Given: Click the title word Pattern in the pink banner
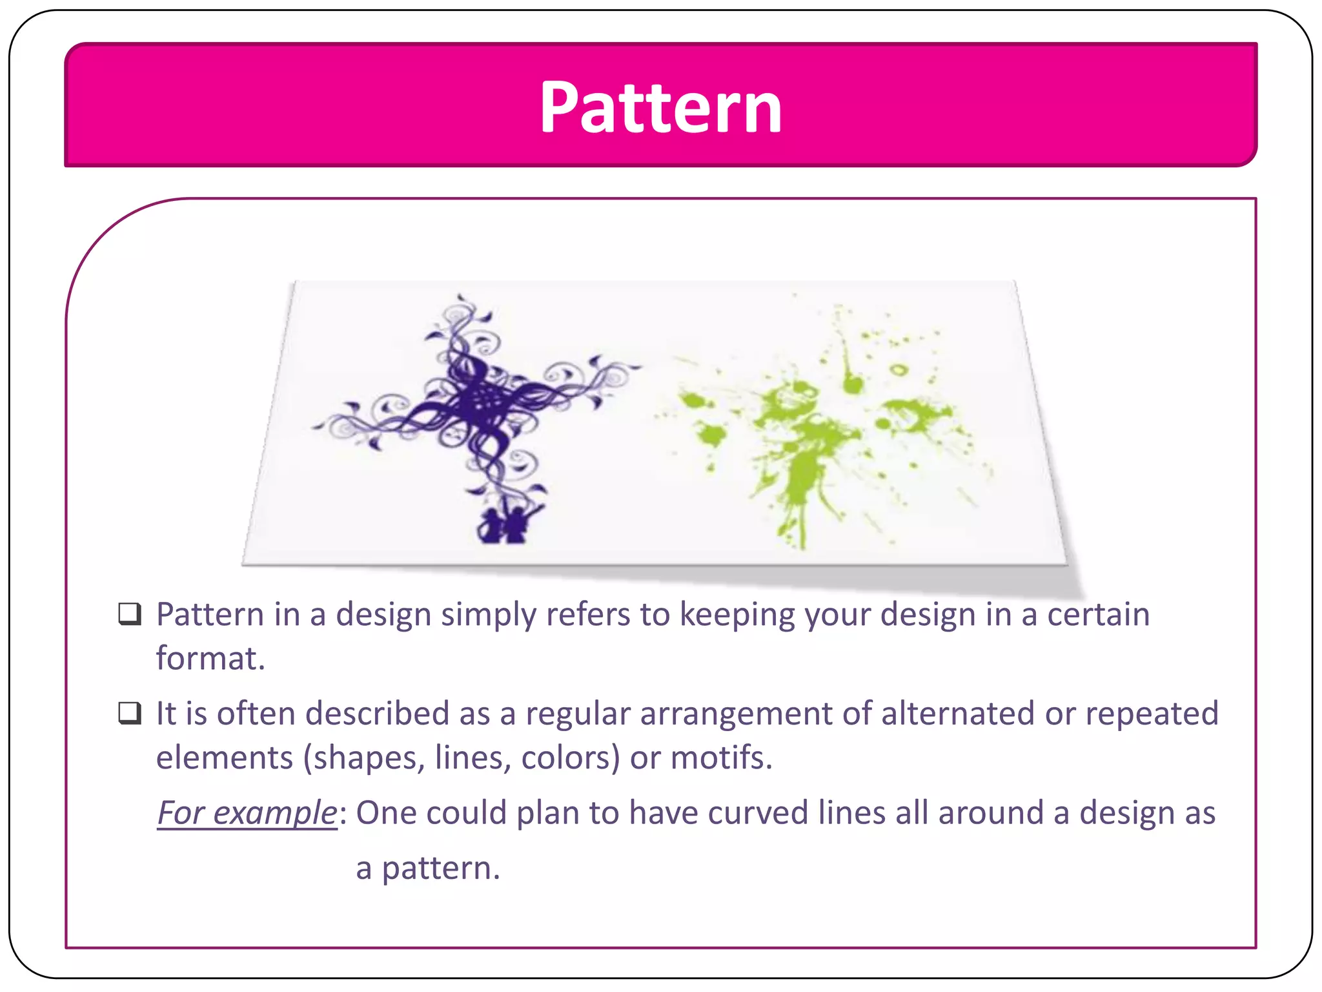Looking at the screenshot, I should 660,108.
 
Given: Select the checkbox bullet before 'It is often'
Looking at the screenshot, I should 130,713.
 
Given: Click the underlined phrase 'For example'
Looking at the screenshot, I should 247,812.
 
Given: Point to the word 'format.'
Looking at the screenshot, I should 211,659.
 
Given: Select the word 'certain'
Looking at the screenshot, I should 1098,614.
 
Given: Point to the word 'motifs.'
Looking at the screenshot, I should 722,758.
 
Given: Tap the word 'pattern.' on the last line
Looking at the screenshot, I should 441,868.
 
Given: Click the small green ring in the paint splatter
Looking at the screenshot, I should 898,370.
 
